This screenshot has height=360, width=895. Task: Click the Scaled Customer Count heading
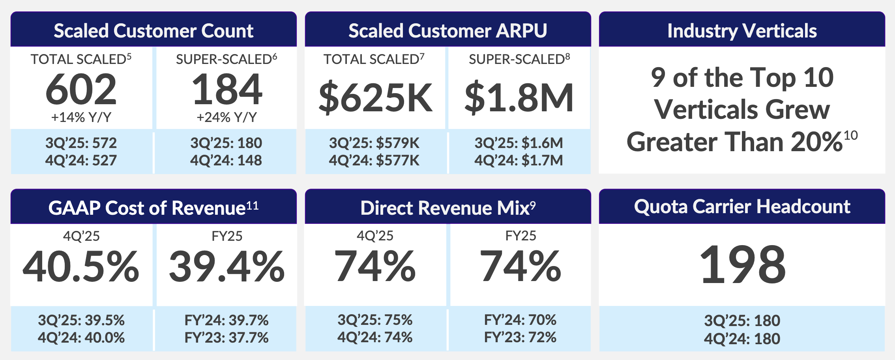(x=154, y=31)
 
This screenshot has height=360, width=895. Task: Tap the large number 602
(x=81, y=90)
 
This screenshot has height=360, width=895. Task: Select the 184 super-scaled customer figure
(x=227, y=90)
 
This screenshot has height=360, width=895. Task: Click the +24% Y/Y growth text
(x=227, y=117)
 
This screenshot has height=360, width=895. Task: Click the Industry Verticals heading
(x=742, y=31)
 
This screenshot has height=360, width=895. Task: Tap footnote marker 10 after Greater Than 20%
(x=850, y=136)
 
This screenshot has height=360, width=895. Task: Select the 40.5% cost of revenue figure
(x=81, y=267)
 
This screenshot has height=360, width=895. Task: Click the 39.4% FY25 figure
(x=227, y=267)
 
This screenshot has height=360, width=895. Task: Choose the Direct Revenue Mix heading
(x=448, y=208)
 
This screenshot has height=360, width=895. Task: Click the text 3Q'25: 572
(x=81, y=143)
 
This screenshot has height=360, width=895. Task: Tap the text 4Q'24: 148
(x=226, y=160)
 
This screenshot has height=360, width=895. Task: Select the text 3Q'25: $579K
(x=374, y=143)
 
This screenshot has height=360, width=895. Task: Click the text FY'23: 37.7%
(x=227, y=337)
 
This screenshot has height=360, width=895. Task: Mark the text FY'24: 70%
(x=520, y=320)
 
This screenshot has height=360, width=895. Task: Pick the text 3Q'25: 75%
(x=375, y=320)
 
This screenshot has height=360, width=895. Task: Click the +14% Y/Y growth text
(x=81, y=117)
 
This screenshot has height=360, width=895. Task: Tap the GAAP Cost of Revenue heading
(x=154, y=208)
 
